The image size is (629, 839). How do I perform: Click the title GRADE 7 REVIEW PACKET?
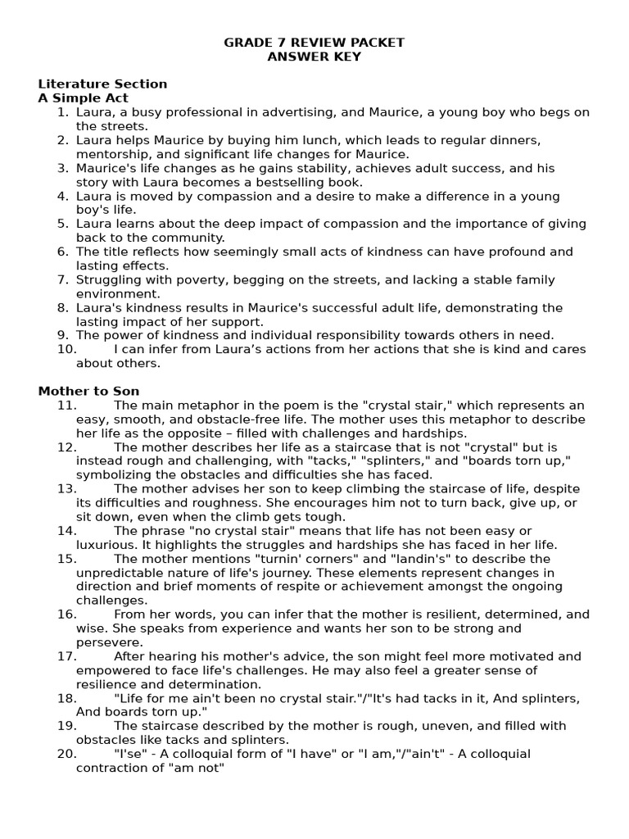314,43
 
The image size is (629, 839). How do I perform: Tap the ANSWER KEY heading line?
314,57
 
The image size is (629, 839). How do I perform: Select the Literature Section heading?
102,84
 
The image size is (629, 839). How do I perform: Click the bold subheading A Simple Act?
83,98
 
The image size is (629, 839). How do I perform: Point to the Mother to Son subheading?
88,391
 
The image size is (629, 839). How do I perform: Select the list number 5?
63,224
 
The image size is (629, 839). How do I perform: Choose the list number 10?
66,349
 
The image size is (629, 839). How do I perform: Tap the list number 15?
67,558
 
